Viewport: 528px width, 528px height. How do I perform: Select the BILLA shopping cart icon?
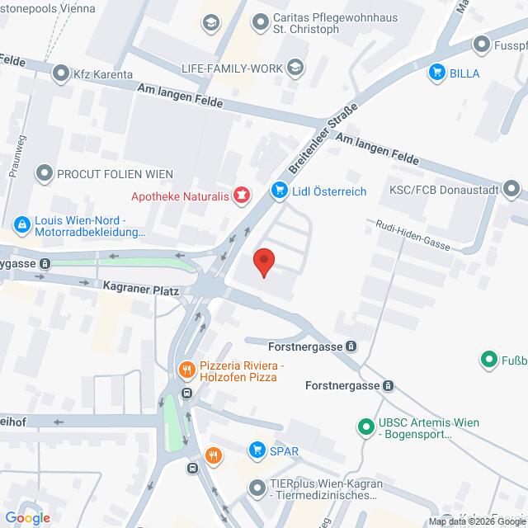point(436,73)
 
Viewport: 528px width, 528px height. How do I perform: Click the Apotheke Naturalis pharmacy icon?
point(242,196)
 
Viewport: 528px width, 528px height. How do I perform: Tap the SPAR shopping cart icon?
point(256,450)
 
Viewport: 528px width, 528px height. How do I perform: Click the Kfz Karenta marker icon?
point(60,74)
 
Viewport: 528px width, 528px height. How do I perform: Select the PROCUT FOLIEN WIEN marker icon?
point(44,173)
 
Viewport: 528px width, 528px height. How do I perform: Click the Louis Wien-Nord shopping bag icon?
point(21,223)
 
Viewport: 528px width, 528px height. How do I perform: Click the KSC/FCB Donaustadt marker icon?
point(513,189)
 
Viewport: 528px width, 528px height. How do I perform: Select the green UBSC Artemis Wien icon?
point(364,427)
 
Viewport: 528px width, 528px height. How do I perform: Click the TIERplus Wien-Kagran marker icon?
point(256,488)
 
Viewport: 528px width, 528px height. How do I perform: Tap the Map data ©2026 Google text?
point(474,521)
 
